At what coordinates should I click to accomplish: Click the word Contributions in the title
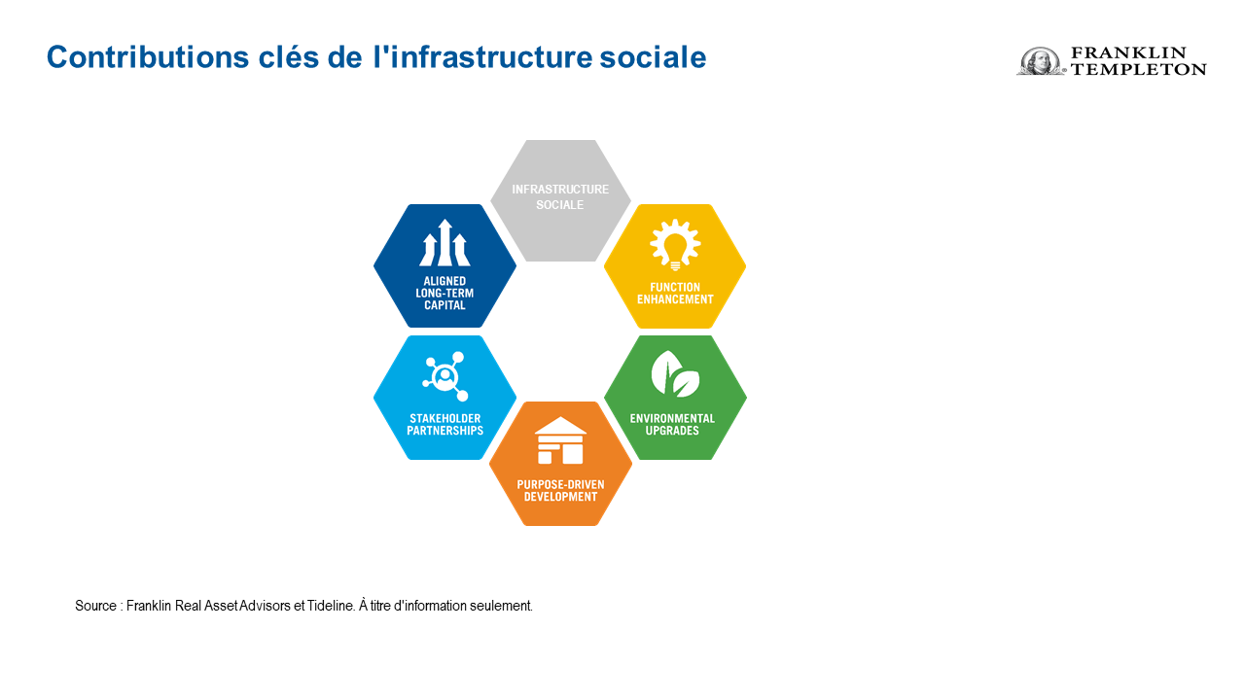pyautogui.click(x=148, y=56)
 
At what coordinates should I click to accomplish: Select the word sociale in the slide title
pyautogui.click(x=653, y=56)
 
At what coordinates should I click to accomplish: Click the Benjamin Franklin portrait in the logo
pyautogui.click(x=1040, y=60)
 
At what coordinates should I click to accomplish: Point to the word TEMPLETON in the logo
pyautogui.click(x=1139, y=69)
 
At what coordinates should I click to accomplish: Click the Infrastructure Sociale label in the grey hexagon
pyautogui.click(x=560, y=197)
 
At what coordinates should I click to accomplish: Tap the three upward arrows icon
pyautogui.click(x=445, y=243)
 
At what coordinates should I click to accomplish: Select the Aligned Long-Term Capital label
pyautogui.click(x=445, y=294)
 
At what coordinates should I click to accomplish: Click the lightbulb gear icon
pyautogui.click(x=675, y=244)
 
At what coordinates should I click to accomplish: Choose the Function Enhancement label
pyautogui.click(x=675, y=294)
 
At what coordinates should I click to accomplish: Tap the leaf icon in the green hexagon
pyautogui.click(x=675, y=373)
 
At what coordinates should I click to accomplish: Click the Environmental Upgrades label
pyautogui.click(x=672, y=425)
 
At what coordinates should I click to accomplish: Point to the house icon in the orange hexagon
pyautogui.click(x=560, y=440)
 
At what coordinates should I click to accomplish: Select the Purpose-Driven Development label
pyautogui.click(x=560, y=491)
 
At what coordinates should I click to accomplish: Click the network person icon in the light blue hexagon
pyautogui.click(x=445, y=376)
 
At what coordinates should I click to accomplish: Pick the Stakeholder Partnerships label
pyautogui.click(x=445, y=425)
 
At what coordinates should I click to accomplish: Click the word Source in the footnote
pyautogui.click(x=95, y=606)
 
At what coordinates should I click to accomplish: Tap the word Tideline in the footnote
pyautogui.click(x=331, y=606)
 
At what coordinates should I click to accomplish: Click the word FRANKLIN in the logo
pyautogui.click(x=1129, y=52)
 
